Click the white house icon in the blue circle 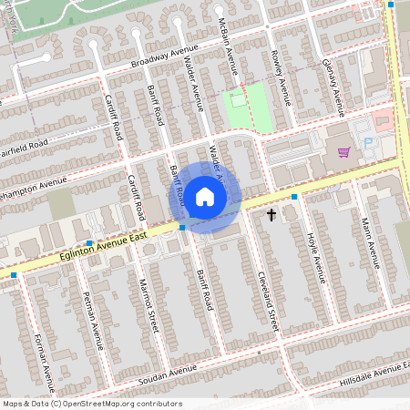(x=205, y=196)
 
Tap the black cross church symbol (x=271, y=215)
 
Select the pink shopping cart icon (x=343, y=152)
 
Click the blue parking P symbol (x=368, y=143)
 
